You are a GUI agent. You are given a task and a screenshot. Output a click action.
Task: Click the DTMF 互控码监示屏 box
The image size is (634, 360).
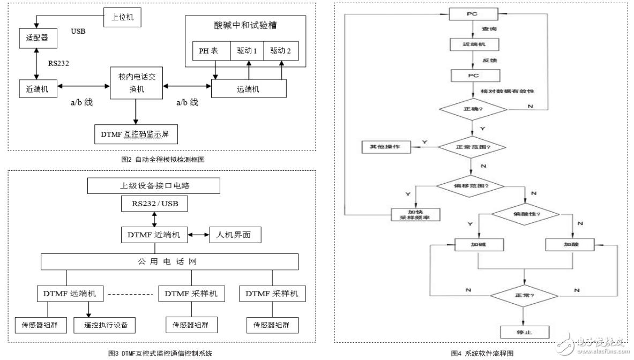135,134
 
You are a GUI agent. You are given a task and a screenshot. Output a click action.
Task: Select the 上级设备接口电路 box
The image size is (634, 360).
154,186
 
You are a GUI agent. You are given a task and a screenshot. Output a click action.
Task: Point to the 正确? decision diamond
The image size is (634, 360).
472,109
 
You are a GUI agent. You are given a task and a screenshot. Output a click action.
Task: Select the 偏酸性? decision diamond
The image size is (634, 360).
525,213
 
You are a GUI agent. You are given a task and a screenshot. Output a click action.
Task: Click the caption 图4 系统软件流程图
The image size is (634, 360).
482,353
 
